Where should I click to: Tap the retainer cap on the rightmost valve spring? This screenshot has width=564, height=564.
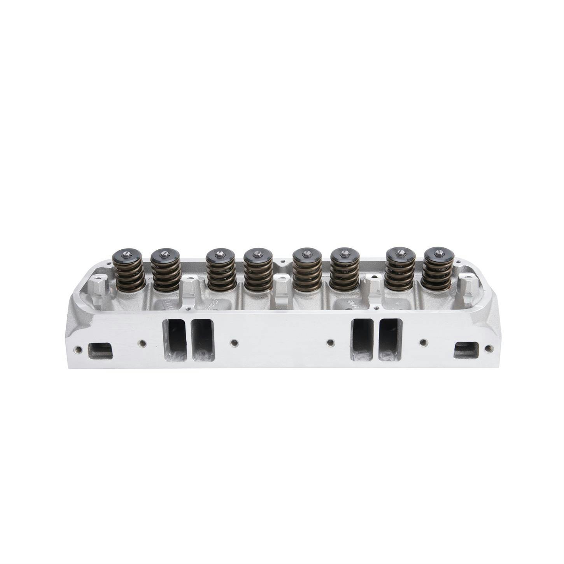pyautogui.click(x=438, y=254)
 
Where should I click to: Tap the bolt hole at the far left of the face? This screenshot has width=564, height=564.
pyautogui.click(x=79, y=349)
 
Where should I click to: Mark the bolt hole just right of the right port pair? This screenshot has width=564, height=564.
pyautogui.click(x=424, y=342)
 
